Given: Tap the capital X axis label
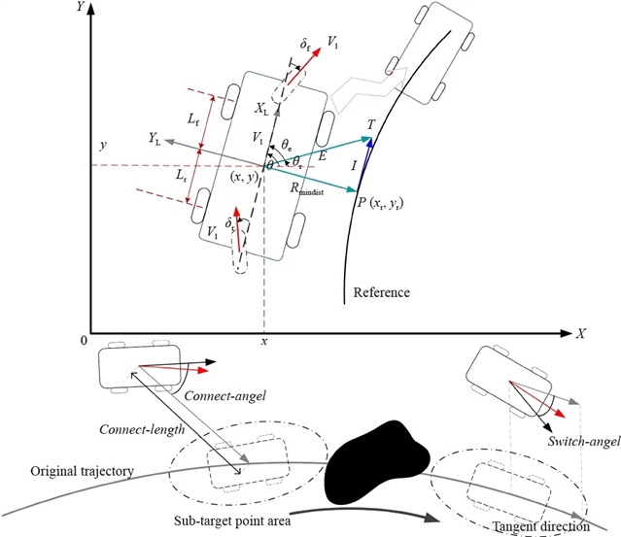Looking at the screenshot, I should point(580,332).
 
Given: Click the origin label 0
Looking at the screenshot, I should point(85,343).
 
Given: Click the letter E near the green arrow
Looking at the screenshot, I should point(322,152).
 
